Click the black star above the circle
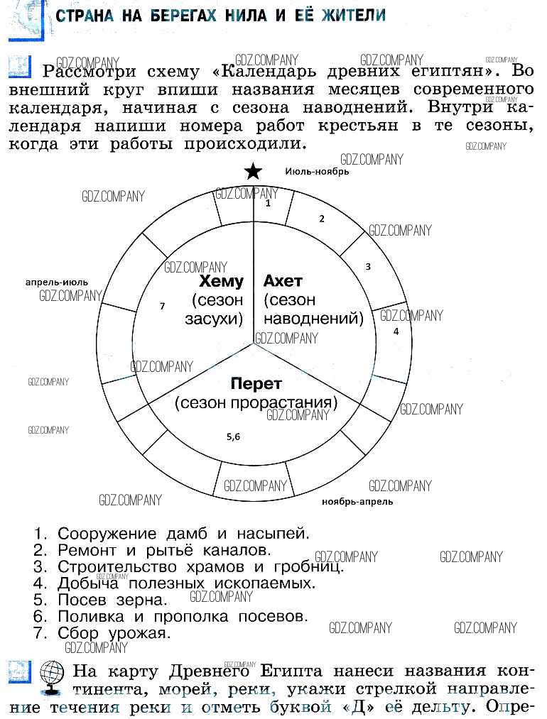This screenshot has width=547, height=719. point(253,172)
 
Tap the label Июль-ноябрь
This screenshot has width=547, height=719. point(317,171)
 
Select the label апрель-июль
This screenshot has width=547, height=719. point(57,282)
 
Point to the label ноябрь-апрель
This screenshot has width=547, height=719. point(357,501)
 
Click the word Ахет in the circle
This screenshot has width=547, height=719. point(283,282)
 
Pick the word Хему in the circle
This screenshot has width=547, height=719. point(222,282)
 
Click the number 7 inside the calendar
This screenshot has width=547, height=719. point(163,306)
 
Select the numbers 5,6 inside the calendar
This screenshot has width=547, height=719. point(234,437)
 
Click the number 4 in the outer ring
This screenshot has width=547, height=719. point(396,331)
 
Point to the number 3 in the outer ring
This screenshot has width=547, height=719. point(368,267)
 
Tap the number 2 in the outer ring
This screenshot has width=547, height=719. point(321,219)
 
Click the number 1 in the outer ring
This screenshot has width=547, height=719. point(268,203)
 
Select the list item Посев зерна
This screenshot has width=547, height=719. point(112,600)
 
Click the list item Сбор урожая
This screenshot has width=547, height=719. point(114,632)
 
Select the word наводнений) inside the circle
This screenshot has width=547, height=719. point(314,319)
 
